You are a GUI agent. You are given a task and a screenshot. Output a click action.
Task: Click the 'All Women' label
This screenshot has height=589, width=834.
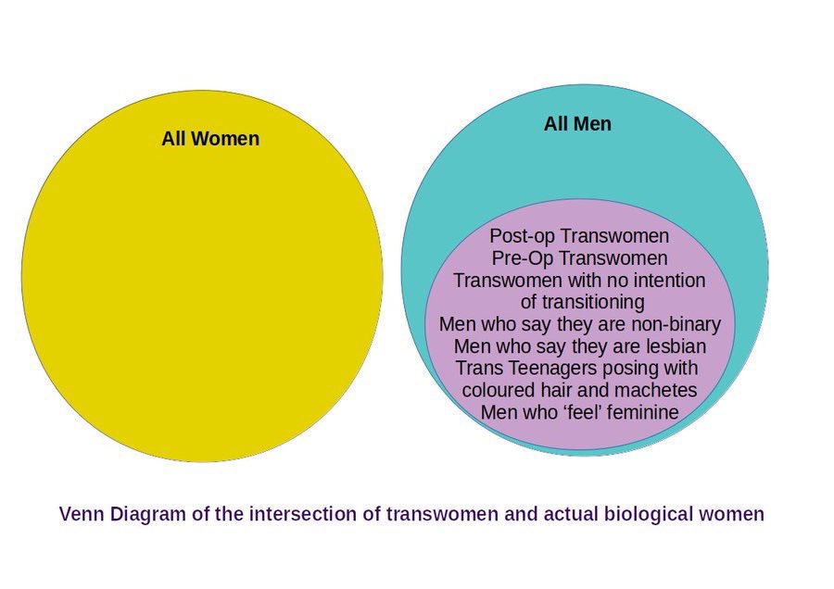pos(210,139)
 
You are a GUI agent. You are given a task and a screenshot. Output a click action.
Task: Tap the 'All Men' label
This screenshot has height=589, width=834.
pos(577,124)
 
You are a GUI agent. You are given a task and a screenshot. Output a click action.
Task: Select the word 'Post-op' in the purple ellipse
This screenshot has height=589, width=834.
pos(523,236)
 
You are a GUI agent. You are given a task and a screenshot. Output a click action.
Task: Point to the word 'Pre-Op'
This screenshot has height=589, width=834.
pos(523,257)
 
